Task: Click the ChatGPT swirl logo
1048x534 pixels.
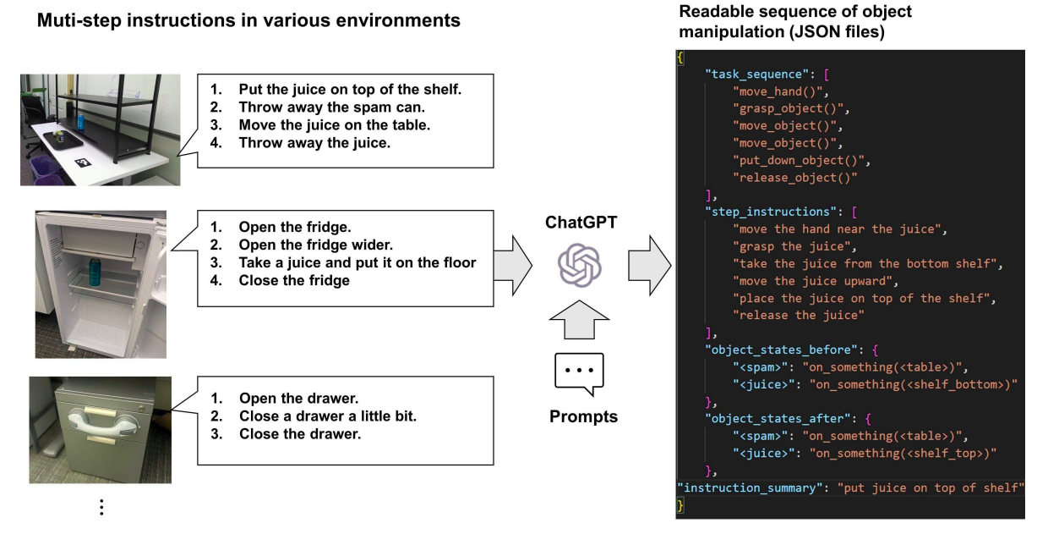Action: (579, 265)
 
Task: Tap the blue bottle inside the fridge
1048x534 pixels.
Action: (94, 272)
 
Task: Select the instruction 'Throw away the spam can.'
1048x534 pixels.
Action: (331, 107)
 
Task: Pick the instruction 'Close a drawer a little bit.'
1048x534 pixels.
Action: (328, 416)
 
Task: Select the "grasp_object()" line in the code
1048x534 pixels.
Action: (791, 108)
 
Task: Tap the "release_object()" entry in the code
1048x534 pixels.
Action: (795, 178)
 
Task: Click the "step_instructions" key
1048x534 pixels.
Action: (767, 212)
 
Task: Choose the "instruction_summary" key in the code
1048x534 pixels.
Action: (753, 488)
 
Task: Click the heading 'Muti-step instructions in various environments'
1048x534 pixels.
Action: (248, 20)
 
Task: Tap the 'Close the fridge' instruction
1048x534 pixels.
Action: (294, 280)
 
